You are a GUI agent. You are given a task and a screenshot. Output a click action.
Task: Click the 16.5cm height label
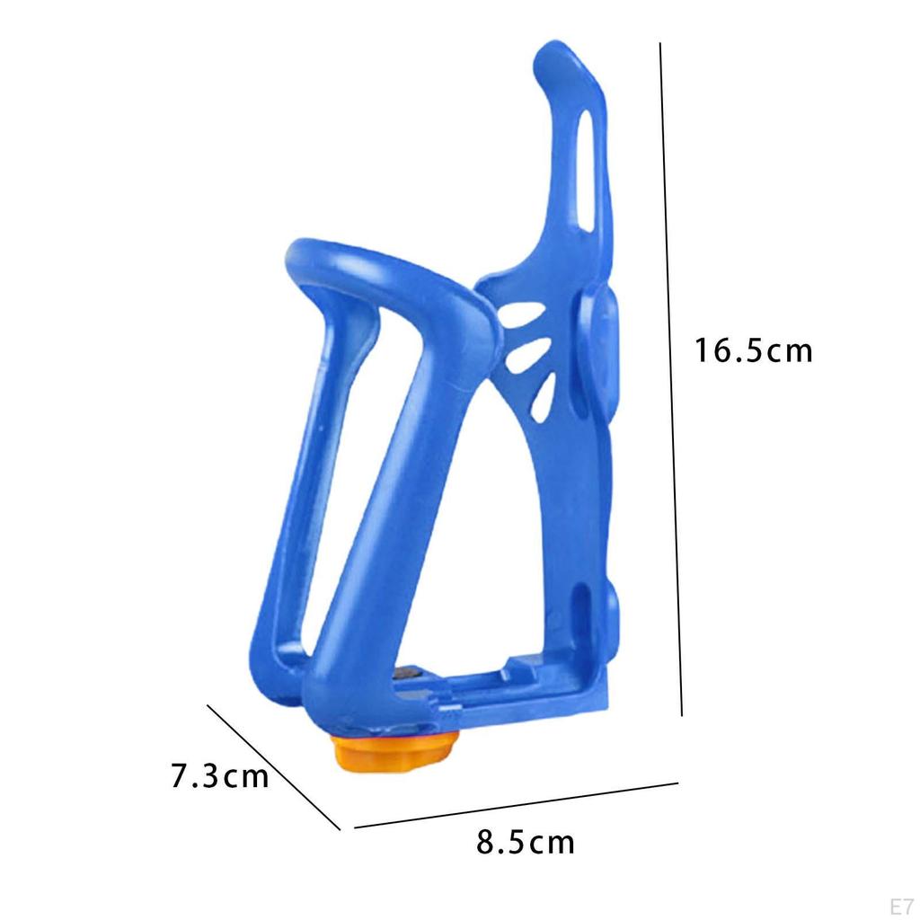pyautogui.click(x=752, y=350)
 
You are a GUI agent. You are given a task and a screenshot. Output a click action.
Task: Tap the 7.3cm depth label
pyautogui.click(x=220, y=774)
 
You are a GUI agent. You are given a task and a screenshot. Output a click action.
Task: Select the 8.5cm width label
pyautogui.click(x=526, y=843)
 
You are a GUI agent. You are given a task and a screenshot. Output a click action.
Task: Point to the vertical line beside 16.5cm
pyautogui.click(x=671, y=377)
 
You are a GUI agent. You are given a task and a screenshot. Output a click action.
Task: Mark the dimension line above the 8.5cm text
pyautogui.click(x=516, y=805)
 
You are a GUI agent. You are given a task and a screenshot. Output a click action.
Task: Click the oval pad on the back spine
pyautogui.click(x=600, y=350)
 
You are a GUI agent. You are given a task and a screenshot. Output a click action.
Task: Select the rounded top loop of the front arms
pyautogui.click(x=377, y=265)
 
